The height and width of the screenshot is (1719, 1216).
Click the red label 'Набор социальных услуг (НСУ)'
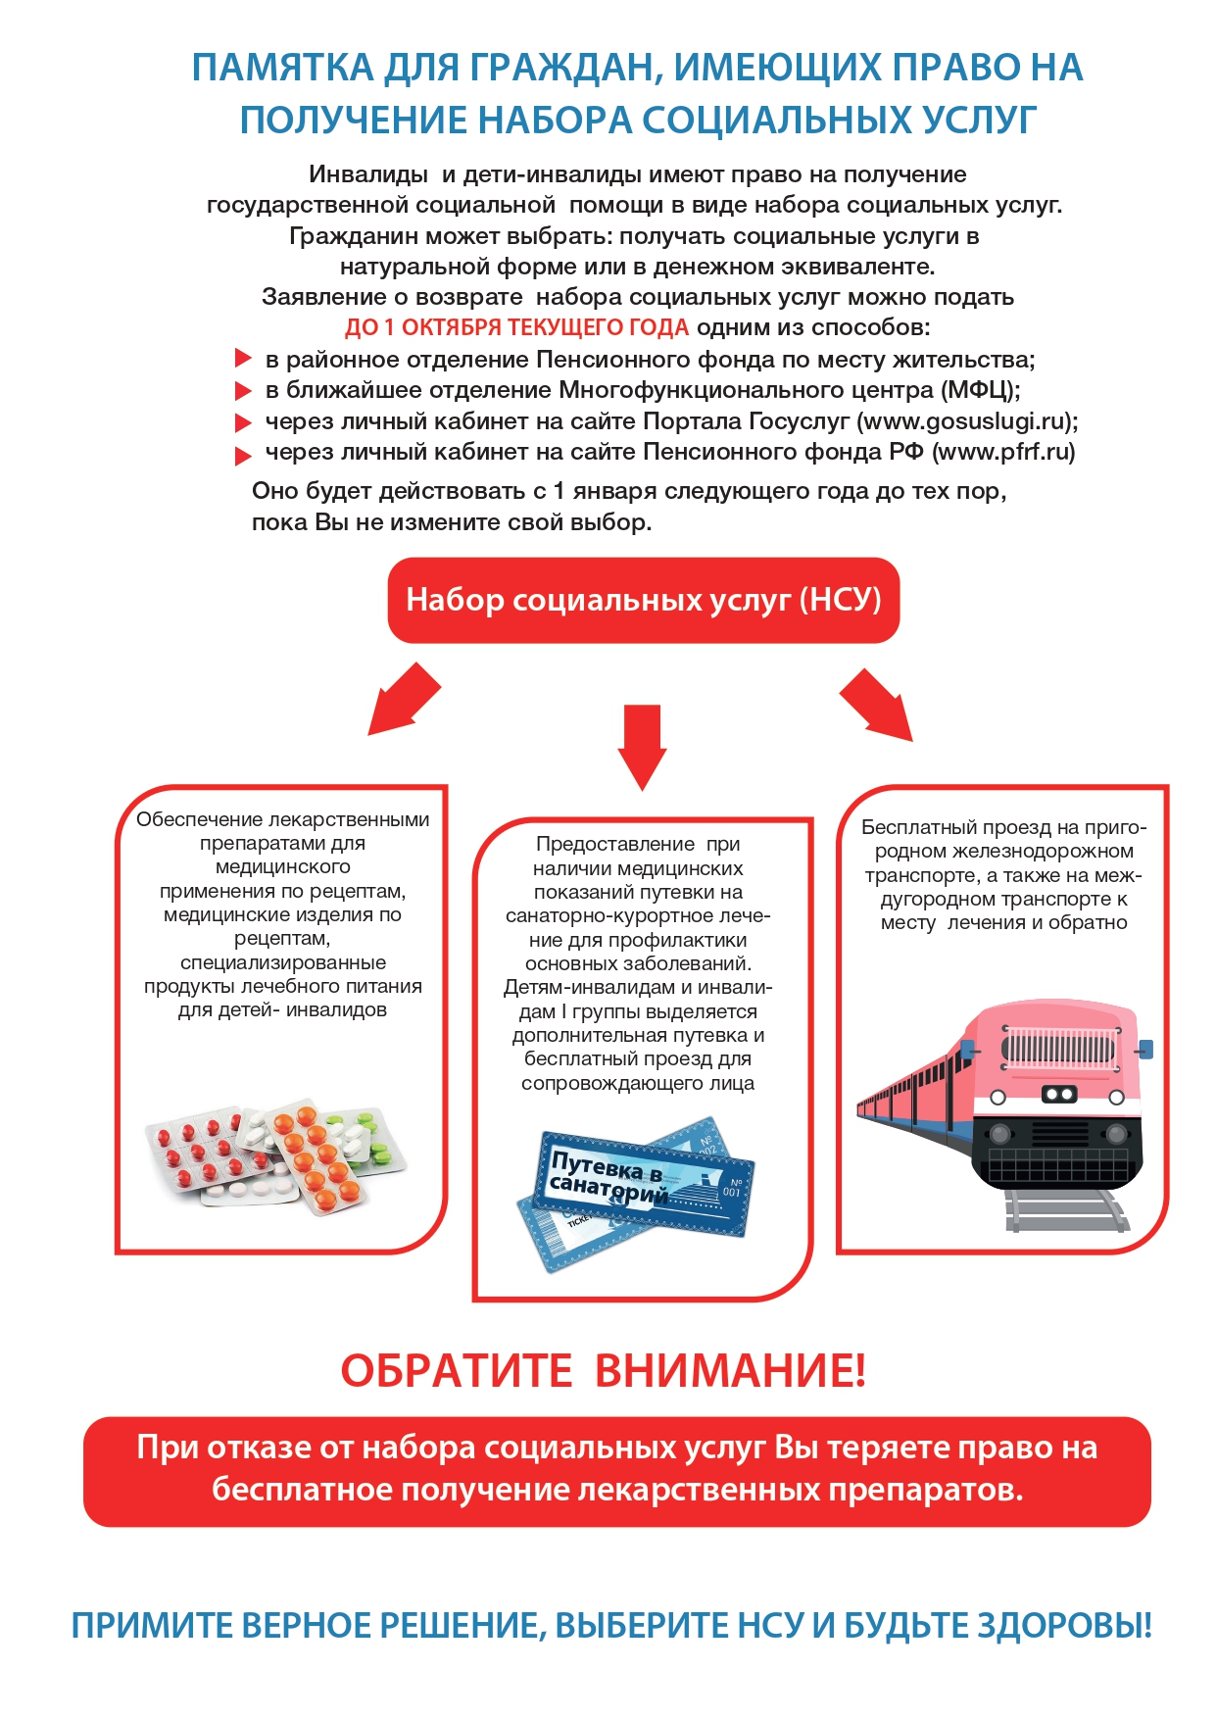click(x=643, y=600)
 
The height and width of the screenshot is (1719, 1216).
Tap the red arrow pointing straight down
click(x=642, y=745)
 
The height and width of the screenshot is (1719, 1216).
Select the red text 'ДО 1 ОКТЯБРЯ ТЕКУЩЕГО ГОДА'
click(x=516, y=327)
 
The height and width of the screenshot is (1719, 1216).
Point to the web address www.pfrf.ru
click(x=1003, y=452)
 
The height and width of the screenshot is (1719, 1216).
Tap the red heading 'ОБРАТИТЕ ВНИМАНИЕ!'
click(x=603, y=1370)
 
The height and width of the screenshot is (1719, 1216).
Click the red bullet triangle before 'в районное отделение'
click(x=243, y=359)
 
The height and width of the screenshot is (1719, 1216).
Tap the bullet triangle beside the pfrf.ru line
click(x=243, y=455)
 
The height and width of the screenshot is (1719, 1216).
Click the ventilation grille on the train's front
click(x=1058, y=1049)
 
